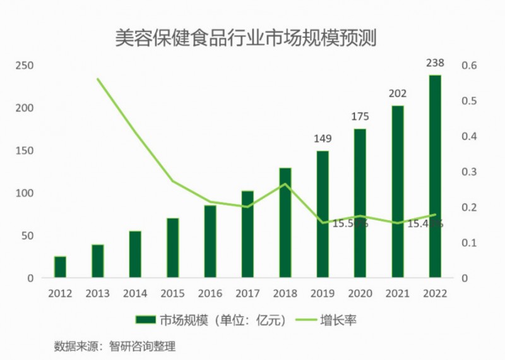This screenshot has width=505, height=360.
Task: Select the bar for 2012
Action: click(60, 267)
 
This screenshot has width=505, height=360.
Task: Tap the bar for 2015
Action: click(173, 248)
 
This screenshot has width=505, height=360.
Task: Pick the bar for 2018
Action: click(285, 222)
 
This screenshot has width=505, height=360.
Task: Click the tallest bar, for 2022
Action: click(435, 176)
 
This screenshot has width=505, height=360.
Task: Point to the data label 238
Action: click(435, 63)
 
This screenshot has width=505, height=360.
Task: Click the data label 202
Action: click(397, 93)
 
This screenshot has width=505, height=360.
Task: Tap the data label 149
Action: click(323, 138)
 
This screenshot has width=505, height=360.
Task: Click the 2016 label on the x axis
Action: click(210, 294)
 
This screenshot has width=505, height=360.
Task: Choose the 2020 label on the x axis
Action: click(360, 294)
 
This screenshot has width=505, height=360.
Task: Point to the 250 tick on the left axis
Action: click(25, 66)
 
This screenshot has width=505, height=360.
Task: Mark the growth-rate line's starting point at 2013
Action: click(98, 79)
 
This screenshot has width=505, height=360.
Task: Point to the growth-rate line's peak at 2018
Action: click(285, 184)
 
